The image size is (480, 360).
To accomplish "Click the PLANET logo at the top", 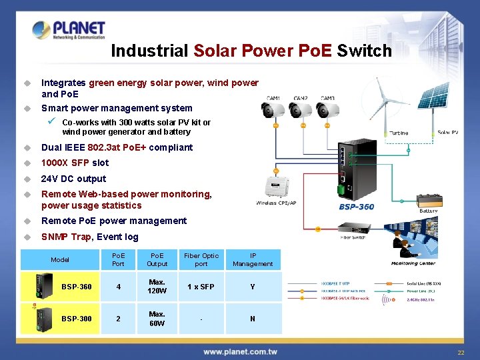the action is point(69,29).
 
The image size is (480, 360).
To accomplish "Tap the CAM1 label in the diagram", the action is point(274,98).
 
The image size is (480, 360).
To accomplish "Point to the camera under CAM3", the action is point(328,113).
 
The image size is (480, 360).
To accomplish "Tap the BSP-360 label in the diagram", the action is point(356,207).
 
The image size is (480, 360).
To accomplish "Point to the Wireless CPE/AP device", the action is point(275,186).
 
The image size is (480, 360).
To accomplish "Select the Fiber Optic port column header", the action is point(201,260).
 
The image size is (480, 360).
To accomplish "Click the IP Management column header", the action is point(253,260).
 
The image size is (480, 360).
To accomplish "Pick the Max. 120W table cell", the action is point(157,287).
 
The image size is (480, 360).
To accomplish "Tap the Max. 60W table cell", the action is point(157,319).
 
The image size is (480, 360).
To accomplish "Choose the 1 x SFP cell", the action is point(201,287).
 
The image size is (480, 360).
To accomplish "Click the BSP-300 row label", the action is point(77,319).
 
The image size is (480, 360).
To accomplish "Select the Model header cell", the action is point(60,260).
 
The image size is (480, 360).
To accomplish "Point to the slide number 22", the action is point(460,353).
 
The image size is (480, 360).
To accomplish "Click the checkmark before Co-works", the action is point(51,121).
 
